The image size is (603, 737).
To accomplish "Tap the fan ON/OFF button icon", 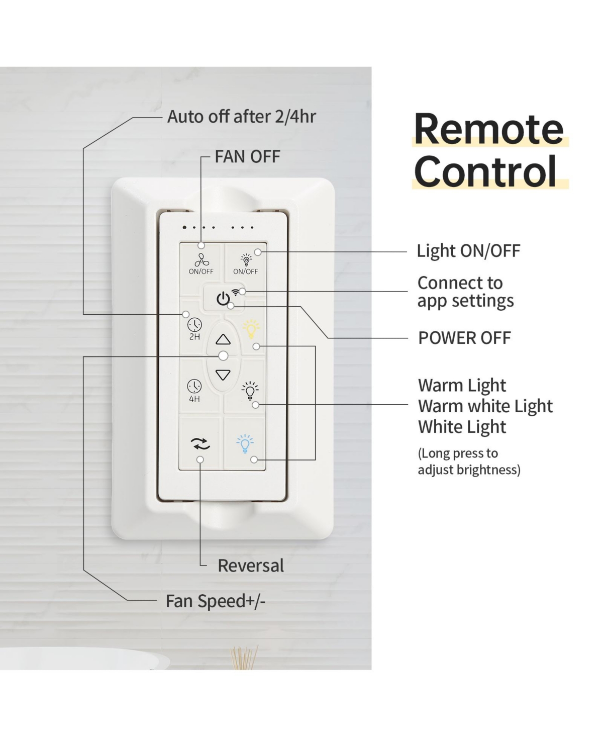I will pos(201,260).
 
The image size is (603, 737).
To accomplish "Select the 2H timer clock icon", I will pos(194,325).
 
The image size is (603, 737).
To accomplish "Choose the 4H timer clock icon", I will pos(194,387).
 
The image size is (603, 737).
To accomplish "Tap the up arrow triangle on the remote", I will pos(223,340).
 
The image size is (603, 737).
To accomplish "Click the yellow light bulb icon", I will pos(251,330).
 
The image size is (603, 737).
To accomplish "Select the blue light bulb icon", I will pos(245,443).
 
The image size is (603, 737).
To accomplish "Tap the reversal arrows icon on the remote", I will pos(200,443).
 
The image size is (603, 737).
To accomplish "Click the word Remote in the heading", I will pos(488,129).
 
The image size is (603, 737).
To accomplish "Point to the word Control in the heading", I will pos(485,171).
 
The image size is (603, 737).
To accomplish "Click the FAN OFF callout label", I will pos(247,157).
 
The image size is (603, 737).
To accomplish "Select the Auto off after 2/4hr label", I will pos(241,117).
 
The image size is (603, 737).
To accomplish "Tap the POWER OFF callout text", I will pos(464,338).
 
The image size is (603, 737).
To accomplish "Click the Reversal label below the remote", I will pos(251,566).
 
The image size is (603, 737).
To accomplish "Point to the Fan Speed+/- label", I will pos(215,601).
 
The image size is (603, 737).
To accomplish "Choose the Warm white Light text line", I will pos(485,406).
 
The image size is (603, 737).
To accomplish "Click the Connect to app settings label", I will pos(465,292).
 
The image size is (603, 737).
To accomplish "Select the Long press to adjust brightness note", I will pos(468,461).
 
